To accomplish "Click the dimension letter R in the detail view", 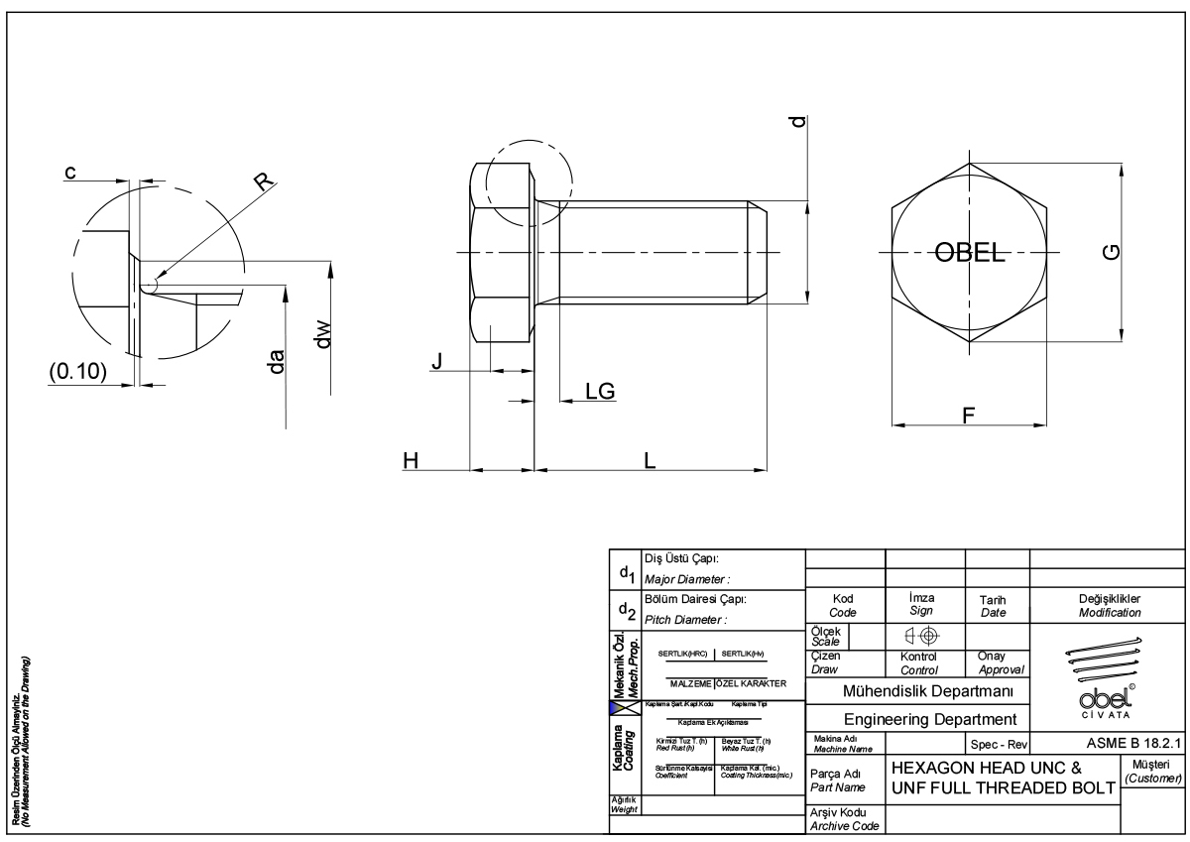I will (262, 181).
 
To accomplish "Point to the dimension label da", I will (278, 361).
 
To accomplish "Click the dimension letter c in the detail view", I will (70, 173).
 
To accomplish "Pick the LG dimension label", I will (600, 391).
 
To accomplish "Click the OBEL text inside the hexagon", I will (968, 251).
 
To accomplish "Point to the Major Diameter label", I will (686, 579).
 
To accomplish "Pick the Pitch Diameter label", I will (686, 620).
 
